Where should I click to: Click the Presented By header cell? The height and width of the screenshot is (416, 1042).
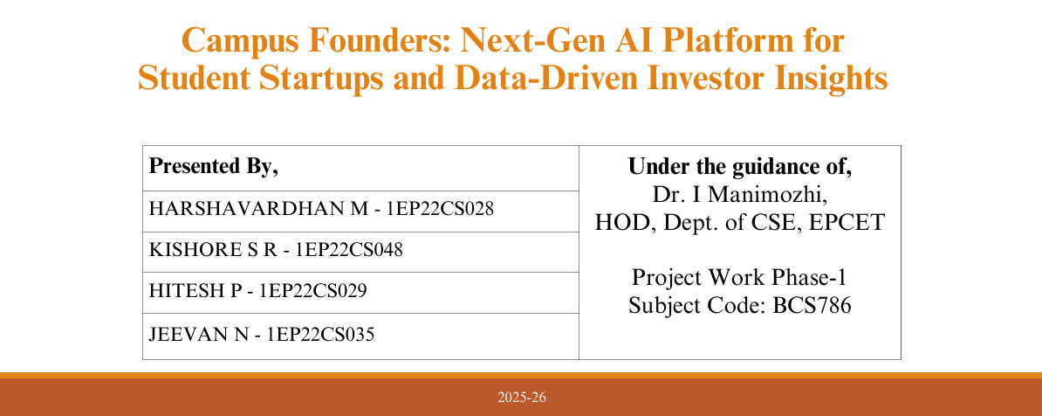pyautogui.click(x=213, y=166)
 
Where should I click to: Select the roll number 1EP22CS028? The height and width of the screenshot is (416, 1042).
pyautogui.click(x=441, y=209)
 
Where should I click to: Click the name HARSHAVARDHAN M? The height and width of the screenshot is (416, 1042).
pyautogui.click(x=258, y=209)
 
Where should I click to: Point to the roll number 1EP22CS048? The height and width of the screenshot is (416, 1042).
pyautogui.click(x=350, y=250)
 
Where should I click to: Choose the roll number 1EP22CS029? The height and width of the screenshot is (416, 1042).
pyautogui.click(x=313, y=291)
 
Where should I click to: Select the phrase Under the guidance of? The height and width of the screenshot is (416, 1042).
pyautogui.click(x=740, y=166)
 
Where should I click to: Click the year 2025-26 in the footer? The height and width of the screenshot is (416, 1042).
pyautogui.click(x=522, y=398)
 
